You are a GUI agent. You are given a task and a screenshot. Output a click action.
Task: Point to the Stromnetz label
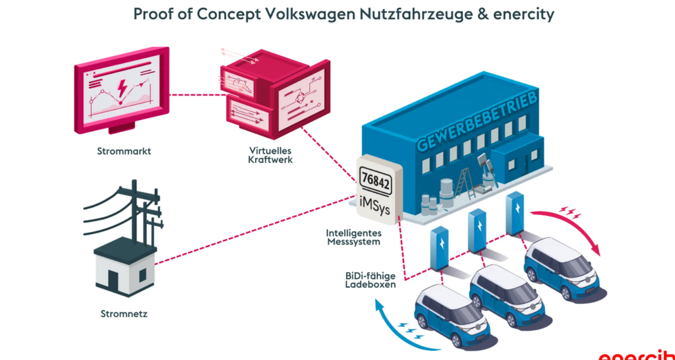(125, 314)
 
